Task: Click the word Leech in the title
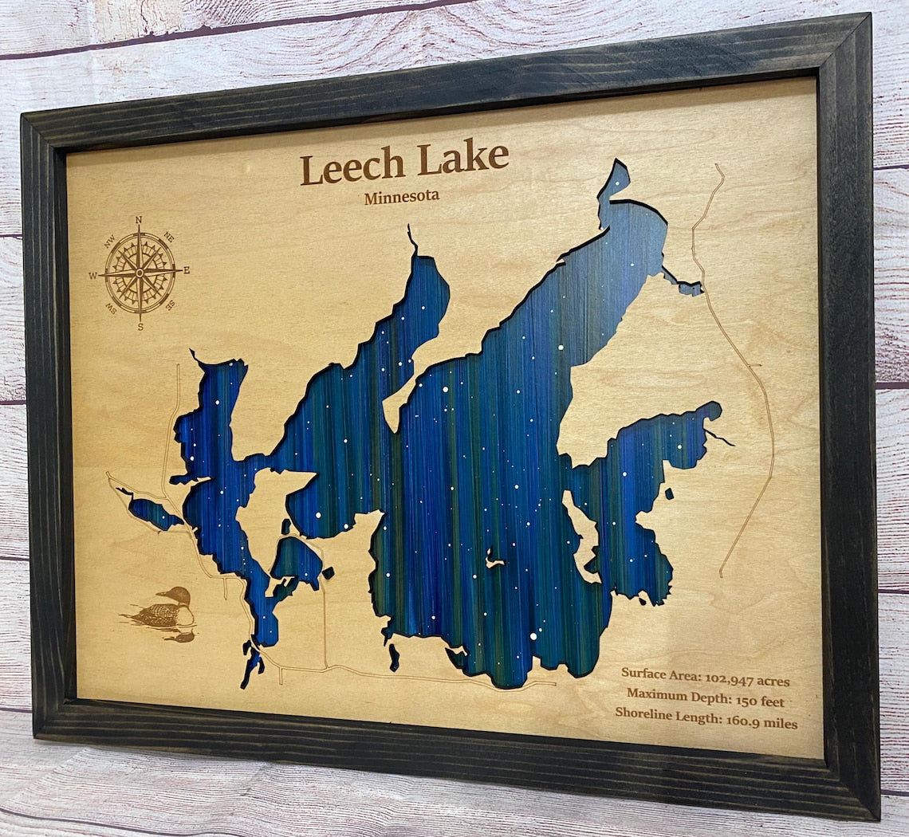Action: pyautogui.click(x=352, y=167)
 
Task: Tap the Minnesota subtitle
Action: pyautogui.click(x=401, y=197)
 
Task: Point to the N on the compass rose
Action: pyautogui.click(x=139, y=220)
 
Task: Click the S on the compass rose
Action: pyautogui.click(x=140, y=326)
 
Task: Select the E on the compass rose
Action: pyautogui.click(x=187, y=270)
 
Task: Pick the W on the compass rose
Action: pyautogui.click(x=92, y=276)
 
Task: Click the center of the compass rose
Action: pyautogui.click(x=140, y=273)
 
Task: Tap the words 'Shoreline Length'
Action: pyautogui.click(x=663, y=713)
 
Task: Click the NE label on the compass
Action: pyautogui.click(x=168, y=236)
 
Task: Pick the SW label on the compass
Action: pyautogui.click(x=112, y=309)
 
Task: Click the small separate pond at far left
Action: pyautogui.click(x=153, y=513)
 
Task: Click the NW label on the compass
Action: pyautogui.click(x=109, y=238)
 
